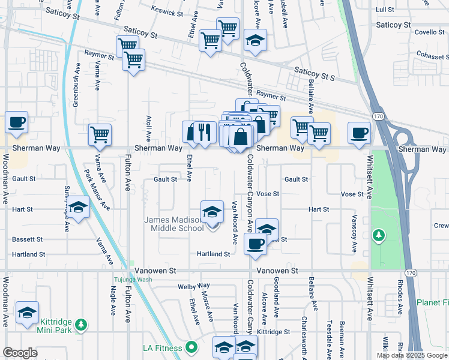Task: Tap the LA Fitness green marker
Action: click(192, 347)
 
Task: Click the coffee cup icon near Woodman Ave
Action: click(17, 122)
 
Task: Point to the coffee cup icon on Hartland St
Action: click(255, 244)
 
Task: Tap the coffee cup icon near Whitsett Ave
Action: click(360, 133)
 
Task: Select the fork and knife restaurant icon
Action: click(205, 132)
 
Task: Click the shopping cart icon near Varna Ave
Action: click(100, 134)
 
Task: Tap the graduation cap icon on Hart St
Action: click(77, 207)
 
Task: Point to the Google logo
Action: click(20, 353)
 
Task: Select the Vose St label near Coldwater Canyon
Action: click(268, 194)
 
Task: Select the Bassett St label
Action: click(27, 239)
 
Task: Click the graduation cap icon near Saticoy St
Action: click(255, 40)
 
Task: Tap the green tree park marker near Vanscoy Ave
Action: click(378, 234)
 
